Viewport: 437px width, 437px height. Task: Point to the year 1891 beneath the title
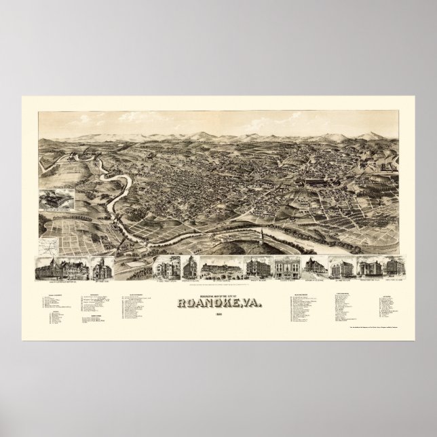coord(218,296)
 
